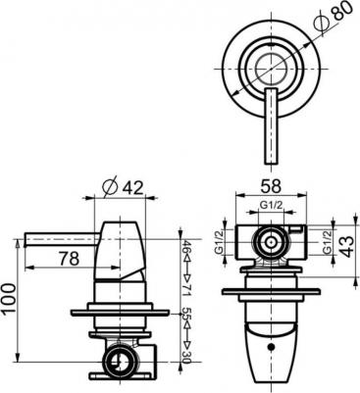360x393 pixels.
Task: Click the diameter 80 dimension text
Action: [x=333, y=17]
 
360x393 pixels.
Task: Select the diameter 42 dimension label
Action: [x=123, y=188]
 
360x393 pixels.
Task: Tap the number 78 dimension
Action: [x=70, y=259]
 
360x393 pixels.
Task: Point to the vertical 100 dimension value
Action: [x=9, y=298]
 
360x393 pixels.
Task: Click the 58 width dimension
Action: [x=271, y=186]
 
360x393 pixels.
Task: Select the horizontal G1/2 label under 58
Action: [x=271, y=205]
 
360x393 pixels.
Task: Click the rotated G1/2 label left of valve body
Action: [x=218, y=242]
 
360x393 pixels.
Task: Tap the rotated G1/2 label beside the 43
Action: [x=327, y=242]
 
